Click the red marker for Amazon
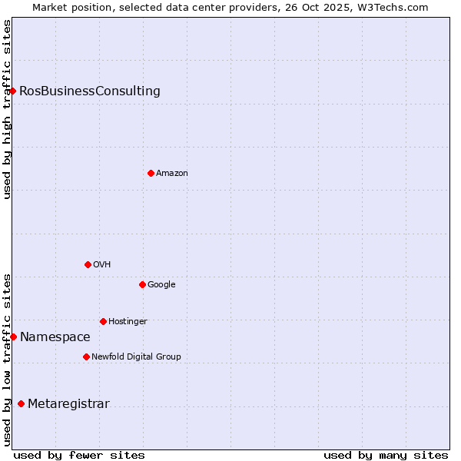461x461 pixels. point(151,173)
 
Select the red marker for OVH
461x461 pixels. point(88,264)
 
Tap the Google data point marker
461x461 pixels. point(142,284)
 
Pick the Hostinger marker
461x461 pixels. point(103,321)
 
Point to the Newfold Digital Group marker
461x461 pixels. point(86,357)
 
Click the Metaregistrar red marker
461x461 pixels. point(21,404)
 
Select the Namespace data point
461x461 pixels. point(13,337)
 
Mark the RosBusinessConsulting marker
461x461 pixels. point(12,91)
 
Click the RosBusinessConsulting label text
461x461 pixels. point(90,91)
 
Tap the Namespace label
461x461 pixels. point(55,337)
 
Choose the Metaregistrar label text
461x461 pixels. point(68,404)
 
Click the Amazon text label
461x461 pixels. point(172,174)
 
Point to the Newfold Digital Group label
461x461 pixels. point(136,357)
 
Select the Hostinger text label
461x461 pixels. point(128,321)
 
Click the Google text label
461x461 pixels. point(161,284)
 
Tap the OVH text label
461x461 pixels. point(102,264)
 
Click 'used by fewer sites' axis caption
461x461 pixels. point(79,455)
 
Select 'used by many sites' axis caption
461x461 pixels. point(386,455)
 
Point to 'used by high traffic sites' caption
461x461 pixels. point(8,109)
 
